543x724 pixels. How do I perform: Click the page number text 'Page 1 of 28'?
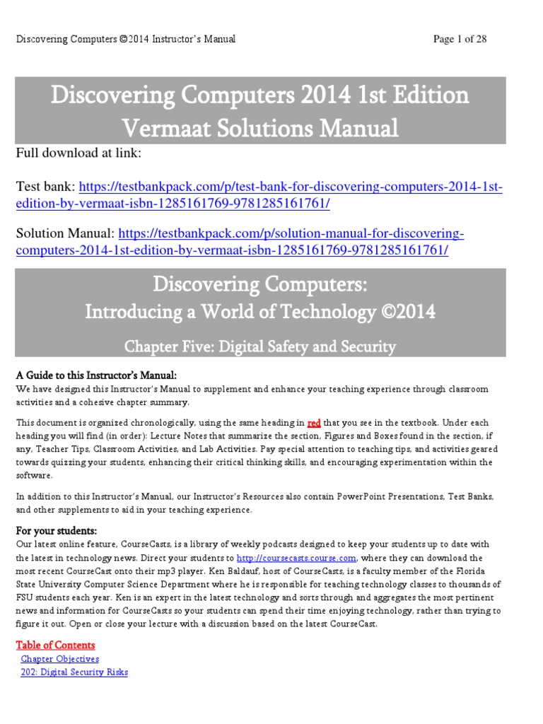[x=460, y=39]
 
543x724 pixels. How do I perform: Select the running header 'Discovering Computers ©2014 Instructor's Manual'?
[x=126, y=39]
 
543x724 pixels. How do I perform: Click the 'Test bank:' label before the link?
[x=45, y=187]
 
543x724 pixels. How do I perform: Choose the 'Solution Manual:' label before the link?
[x=65, y=233]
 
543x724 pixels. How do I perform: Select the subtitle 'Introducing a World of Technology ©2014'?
[x=260, y=312]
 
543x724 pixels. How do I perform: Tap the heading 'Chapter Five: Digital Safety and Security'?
[x=260, y=346]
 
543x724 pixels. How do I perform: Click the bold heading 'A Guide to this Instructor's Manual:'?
[x=96, y=375]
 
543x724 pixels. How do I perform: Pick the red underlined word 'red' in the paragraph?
[x=314, y=423]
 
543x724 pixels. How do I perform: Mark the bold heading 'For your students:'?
[x=57, y=530]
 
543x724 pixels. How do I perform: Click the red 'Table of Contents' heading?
[x=55, y=645]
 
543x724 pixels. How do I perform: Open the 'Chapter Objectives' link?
[x=60, y=659]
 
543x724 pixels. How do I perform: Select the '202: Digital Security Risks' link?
[x=74, y=672]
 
